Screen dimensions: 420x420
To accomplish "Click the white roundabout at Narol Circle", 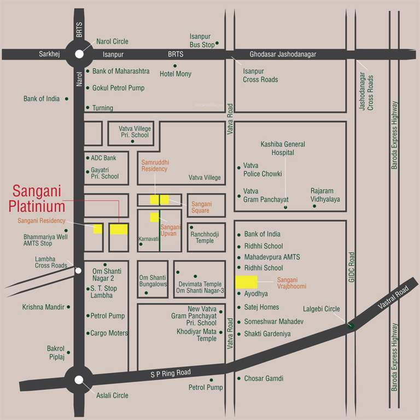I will click(x=79, y=54).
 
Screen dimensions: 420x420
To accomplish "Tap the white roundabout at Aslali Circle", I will click(x=79, y=380).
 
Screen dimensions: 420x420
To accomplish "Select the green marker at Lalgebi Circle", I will click(x=351, y=326).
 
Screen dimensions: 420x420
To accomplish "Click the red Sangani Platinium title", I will click(x=37, y=200).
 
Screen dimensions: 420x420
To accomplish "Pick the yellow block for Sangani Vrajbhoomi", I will click(x=246, y=282).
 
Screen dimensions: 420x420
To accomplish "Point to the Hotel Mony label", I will click(x=175, y=74).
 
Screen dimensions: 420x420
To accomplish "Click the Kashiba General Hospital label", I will click(x=283, y=148).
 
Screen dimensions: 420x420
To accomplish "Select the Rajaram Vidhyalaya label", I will click(x=325, y=195).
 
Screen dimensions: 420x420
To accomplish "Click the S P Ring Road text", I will click(x=171, y=373).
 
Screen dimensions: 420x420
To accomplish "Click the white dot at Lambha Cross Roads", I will click(x=79, y=270).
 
